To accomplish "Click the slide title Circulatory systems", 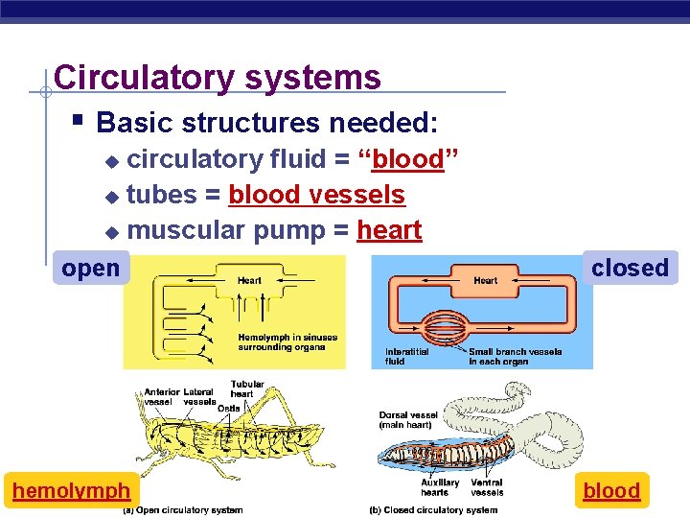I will pos(218,77).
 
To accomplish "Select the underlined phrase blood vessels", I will pos(316,195).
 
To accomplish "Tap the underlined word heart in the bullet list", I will pos(389,230).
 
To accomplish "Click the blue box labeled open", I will pos(90,269).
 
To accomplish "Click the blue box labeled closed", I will pos(630,268).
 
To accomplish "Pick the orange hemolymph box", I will pos(71,491).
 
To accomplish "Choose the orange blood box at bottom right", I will pos(611,491).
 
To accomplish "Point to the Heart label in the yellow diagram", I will pos(249,280).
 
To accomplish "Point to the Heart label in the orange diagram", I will pos(485,280).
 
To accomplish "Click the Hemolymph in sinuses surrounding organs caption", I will pos(287,341).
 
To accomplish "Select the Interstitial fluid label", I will pos(408,356).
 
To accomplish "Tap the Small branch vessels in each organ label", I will pos(515,356).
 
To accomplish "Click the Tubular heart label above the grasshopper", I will pos(247,388).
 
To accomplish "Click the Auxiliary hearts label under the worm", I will pos(440,486).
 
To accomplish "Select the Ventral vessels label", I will pos(487,486).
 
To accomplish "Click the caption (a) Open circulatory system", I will pos(182,510).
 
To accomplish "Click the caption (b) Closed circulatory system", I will pos(433,510).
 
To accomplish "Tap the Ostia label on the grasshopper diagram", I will pos(229,409).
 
